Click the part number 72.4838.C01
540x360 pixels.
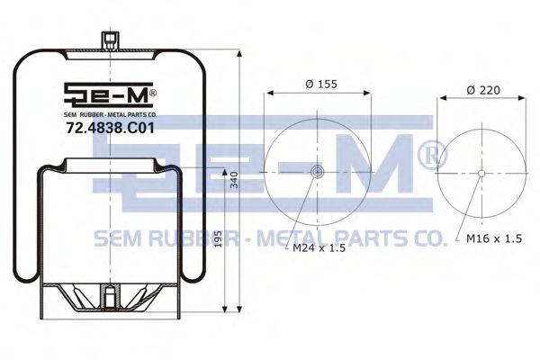110,129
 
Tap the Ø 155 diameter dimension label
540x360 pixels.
321,84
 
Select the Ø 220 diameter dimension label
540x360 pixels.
483,90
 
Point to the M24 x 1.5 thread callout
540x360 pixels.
319,248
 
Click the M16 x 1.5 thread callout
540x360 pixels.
494,238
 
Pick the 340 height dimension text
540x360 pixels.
234,180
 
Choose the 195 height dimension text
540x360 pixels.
218,238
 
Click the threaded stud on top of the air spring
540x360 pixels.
110,41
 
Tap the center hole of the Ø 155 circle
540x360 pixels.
317,171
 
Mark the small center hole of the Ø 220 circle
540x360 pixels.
481,174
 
